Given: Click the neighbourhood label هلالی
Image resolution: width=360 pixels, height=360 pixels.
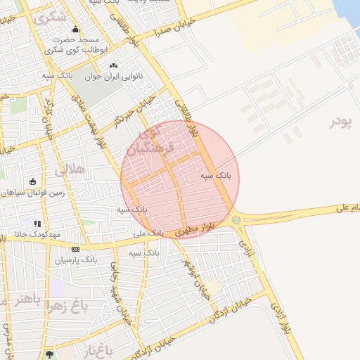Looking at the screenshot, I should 68,169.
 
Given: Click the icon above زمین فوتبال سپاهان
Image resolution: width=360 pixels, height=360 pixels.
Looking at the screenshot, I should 32,181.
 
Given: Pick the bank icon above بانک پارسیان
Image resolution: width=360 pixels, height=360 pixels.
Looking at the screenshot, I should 75,249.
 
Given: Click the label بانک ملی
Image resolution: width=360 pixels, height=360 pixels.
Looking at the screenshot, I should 148,231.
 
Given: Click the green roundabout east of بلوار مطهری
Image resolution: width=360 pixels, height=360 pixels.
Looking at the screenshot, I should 236,220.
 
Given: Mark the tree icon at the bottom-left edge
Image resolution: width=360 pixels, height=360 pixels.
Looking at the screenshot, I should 49,355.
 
